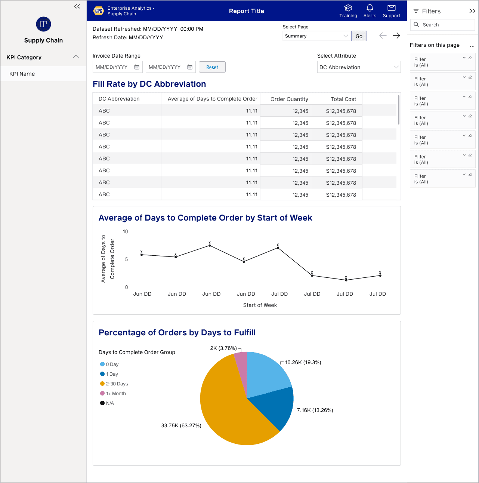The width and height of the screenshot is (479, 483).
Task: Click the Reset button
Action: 212,67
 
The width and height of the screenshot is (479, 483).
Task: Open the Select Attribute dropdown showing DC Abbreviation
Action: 359,67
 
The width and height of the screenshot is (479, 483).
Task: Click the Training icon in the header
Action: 348,8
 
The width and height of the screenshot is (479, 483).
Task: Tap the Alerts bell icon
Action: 370,8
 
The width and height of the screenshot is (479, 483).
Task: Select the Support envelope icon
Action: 391,8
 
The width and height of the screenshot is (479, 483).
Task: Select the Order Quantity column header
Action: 289,99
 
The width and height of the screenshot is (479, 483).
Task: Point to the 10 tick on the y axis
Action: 126,232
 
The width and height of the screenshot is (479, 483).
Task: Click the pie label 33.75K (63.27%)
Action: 181,425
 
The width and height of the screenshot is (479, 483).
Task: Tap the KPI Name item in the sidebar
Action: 22,74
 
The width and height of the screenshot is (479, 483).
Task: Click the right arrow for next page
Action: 396,36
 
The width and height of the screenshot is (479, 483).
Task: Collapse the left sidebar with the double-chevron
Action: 77,6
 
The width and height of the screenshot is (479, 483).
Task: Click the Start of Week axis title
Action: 260,305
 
